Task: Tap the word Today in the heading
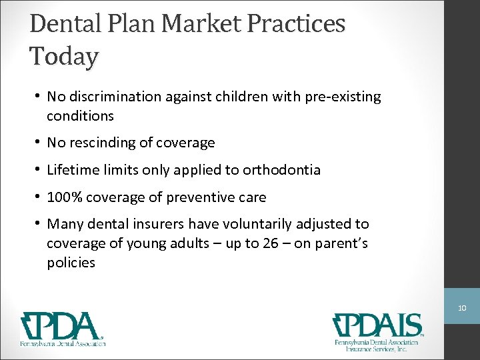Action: [x=64, y=56]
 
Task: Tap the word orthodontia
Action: [x=281, y=170]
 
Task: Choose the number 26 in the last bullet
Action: [x=270, y=243]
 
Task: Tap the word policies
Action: [x=71, y=263]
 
